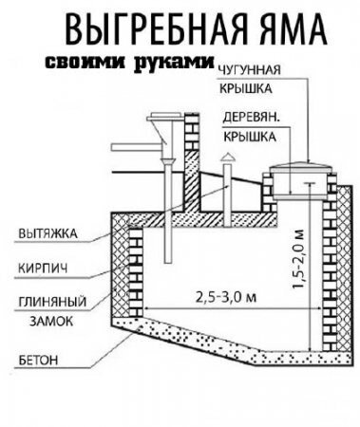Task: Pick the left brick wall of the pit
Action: (x=129, y=270)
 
